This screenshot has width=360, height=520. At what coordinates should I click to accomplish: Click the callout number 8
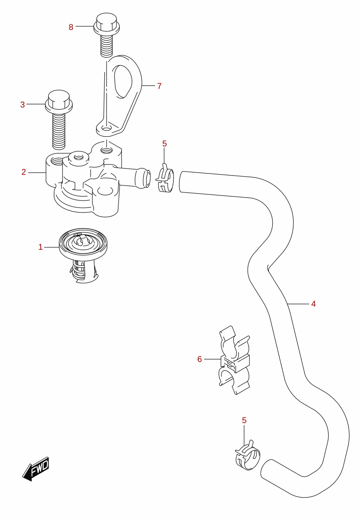tap(71, 27)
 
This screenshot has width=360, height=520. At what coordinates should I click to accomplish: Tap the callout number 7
tap(159, 86)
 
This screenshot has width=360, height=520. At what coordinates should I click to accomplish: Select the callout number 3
tap(22, 104)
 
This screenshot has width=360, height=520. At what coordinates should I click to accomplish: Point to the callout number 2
tap(24, 172)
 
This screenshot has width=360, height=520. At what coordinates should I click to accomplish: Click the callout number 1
tap(40, 247)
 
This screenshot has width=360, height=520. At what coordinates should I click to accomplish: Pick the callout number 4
tap(313, 304)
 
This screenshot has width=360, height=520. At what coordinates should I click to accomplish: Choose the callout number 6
tap(200, 359)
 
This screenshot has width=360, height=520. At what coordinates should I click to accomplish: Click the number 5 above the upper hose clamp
tap(164, 144)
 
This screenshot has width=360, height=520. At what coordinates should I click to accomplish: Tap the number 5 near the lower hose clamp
tap(244, 420)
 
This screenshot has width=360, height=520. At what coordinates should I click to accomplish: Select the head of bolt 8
tap(106, 24)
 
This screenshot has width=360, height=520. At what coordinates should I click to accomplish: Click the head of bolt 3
tap(59, 101)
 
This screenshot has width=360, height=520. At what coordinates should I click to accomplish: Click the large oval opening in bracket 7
tap(124, 81)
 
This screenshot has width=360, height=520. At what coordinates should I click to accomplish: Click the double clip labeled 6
tap(235, 360)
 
